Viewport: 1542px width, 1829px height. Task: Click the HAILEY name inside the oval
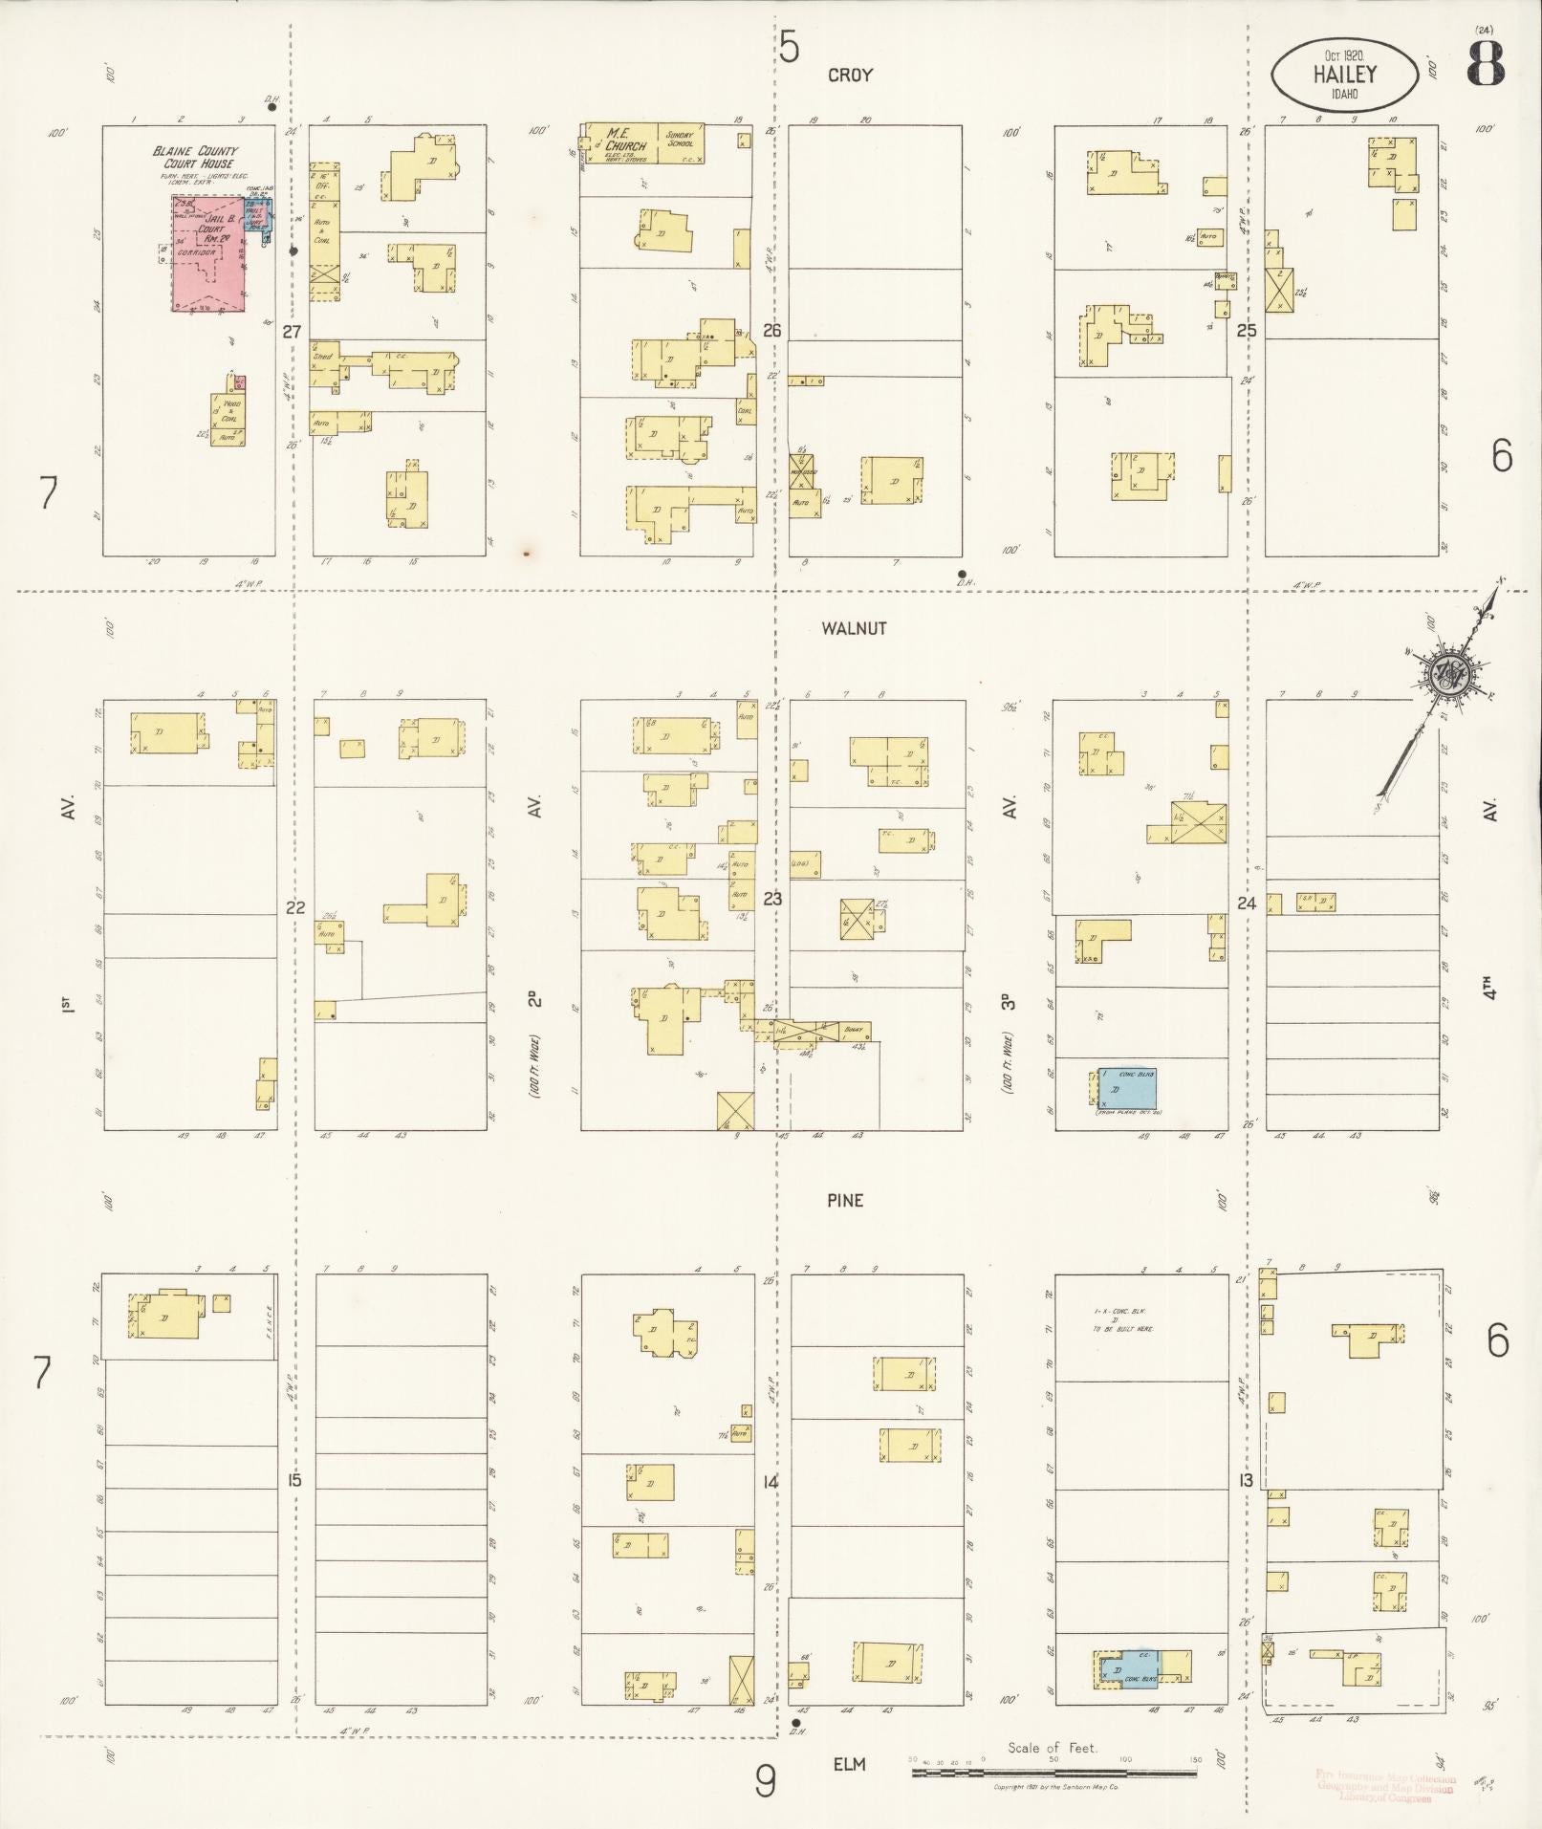pos(1344,74)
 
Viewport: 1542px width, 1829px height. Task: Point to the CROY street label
pos(850,75)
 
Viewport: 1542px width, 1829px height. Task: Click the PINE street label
pos(845,1200)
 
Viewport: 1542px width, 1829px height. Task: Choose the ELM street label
pos(848,1763)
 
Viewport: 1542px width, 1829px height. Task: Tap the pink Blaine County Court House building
pos(207,253)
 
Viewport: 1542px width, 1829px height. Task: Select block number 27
pos(292,333)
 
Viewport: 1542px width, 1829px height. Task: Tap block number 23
pos(772,899)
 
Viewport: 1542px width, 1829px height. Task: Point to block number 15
pos(293,1480)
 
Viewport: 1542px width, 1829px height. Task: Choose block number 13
pos(1246,1480)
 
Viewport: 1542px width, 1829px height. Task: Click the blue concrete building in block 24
pos(1126,1087)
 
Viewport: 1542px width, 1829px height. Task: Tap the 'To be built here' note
pos(1122,1327)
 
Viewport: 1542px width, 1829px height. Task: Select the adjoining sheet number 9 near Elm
pos(765,1781)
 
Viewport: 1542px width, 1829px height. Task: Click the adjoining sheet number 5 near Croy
pos(788,47)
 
